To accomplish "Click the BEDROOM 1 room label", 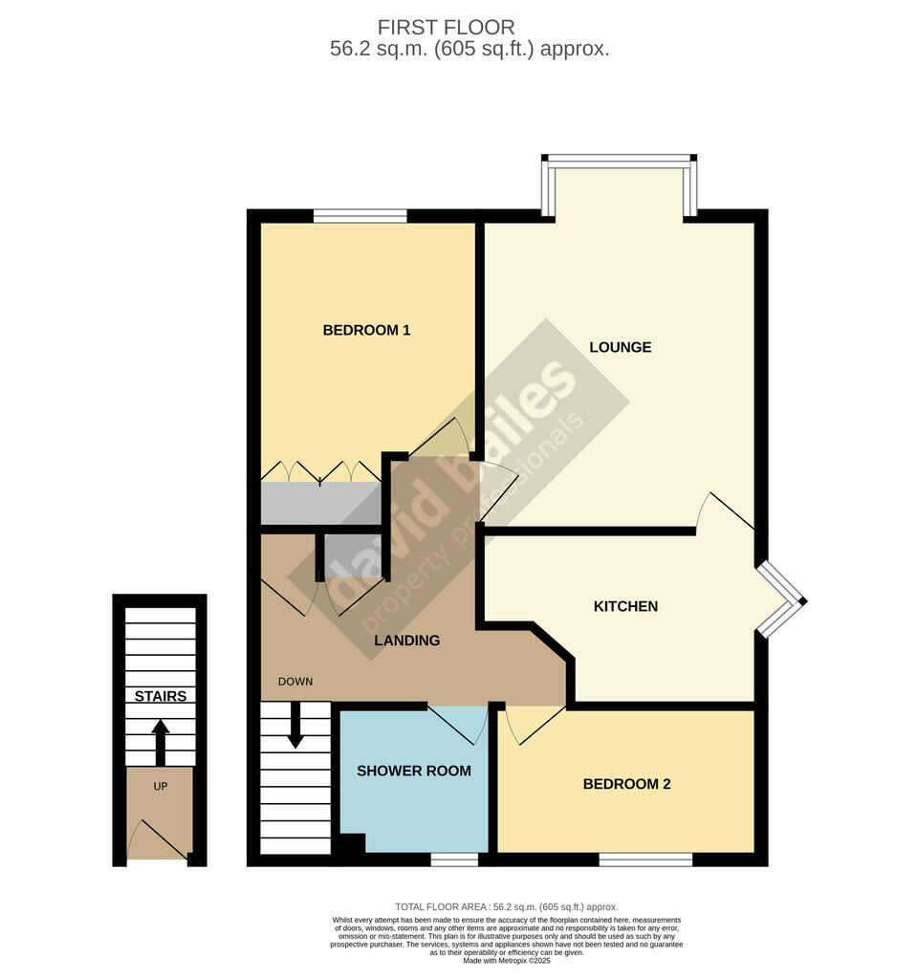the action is coord(366,330).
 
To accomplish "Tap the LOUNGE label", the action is coord(621,347).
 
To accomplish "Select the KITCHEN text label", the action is coord(625,606).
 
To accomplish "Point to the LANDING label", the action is coord(406,640).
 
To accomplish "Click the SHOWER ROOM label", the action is coord(413,772).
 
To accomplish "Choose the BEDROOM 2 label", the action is coord(626,784).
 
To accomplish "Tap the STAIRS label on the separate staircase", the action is coord(161,696).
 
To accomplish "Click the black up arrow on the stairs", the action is coord(161,742).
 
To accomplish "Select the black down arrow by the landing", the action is coord(295,726).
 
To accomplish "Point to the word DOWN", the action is coord(295,681).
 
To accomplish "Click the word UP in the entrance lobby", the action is coord(161,786).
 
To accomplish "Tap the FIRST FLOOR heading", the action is coord(446,28).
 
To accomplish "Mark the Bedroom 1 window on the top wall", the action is coord(360,216).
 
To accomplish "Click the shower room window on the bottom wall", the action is coord(455,860).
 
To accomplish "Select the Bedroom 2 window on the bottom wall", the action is coord(645,860).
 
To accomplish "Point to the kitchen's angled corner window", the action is coord(781,599).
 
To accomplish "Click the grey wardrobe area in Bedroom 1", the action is coord(320,503).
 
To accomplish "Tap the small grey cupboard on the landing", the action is coord(352,557).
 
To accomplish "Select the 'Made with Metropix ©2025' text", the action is coord(507,961).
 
